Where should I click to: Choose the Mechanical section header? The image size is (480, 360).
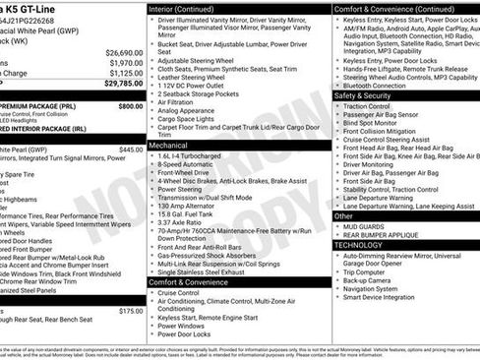pyautogui.click(x=169, y=145)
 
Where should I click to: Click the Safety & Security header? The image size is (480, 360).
pyautogui.click(x=363, y=96)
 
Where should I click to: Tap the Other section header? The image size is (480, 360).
pyautogui.click(x=343, y=215)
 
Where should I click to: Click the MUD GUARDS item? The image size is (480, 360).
pyautogui.click(x=367, y=226)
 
